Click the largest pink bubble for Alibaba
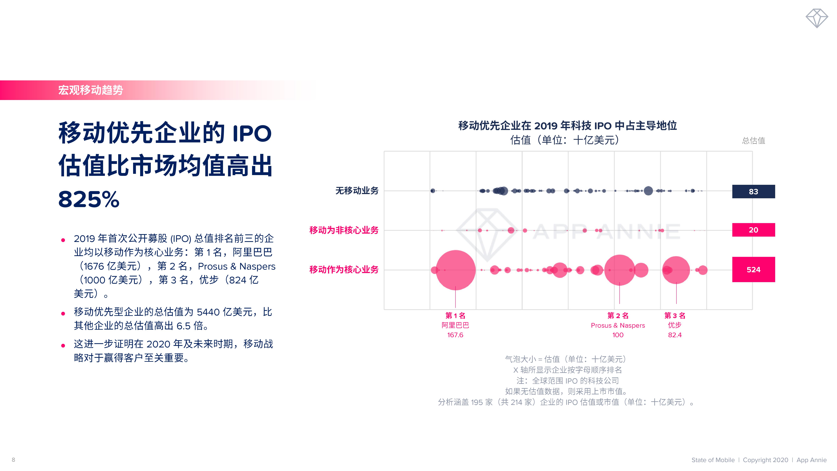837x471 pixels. point(456,270)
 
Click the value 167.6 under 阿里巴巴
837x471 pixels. point(455,335)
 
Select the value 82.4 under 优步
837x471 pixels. point(675,335)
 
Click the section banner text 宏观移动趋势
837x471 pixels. point(91,90)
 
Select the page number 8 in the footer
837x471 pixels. point(13,460)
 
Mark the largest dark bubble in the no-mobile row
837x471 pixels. point(648,191)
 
